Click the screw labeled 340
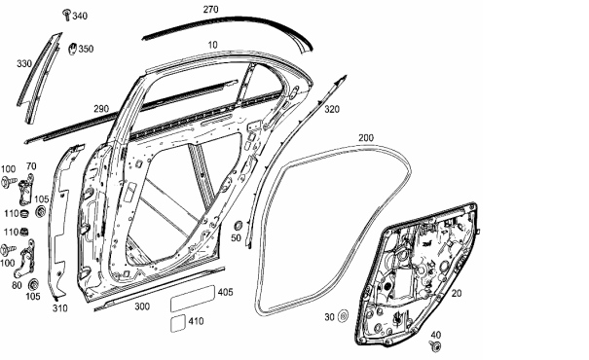click(x=67, y=15)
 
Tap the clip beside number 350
click(x=72, y=49)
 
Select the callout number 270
click(x=210, y=10)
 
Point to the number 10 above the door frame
click(x=212, y=45)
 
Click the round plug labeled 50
click(x=238, y=226)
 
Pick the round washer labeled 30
click(x=343, y=316)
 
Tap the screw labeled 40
click(x=435, y=346)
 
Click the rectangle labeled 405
click(x=193, y=299)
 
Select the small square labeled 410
click(x=178, y=323)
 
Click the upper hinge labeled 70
click(x=25, y=191)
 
